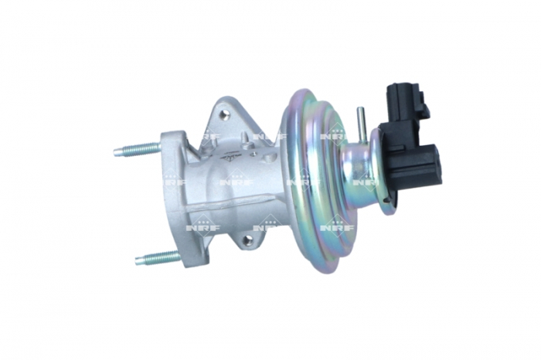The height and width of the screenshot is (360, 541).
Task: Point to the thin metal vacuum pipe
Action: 359,124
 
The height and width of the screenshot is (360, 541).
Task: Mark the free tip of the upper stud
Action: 117,153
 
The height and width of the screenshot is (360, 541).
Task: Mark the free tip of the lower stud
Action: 139,261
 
